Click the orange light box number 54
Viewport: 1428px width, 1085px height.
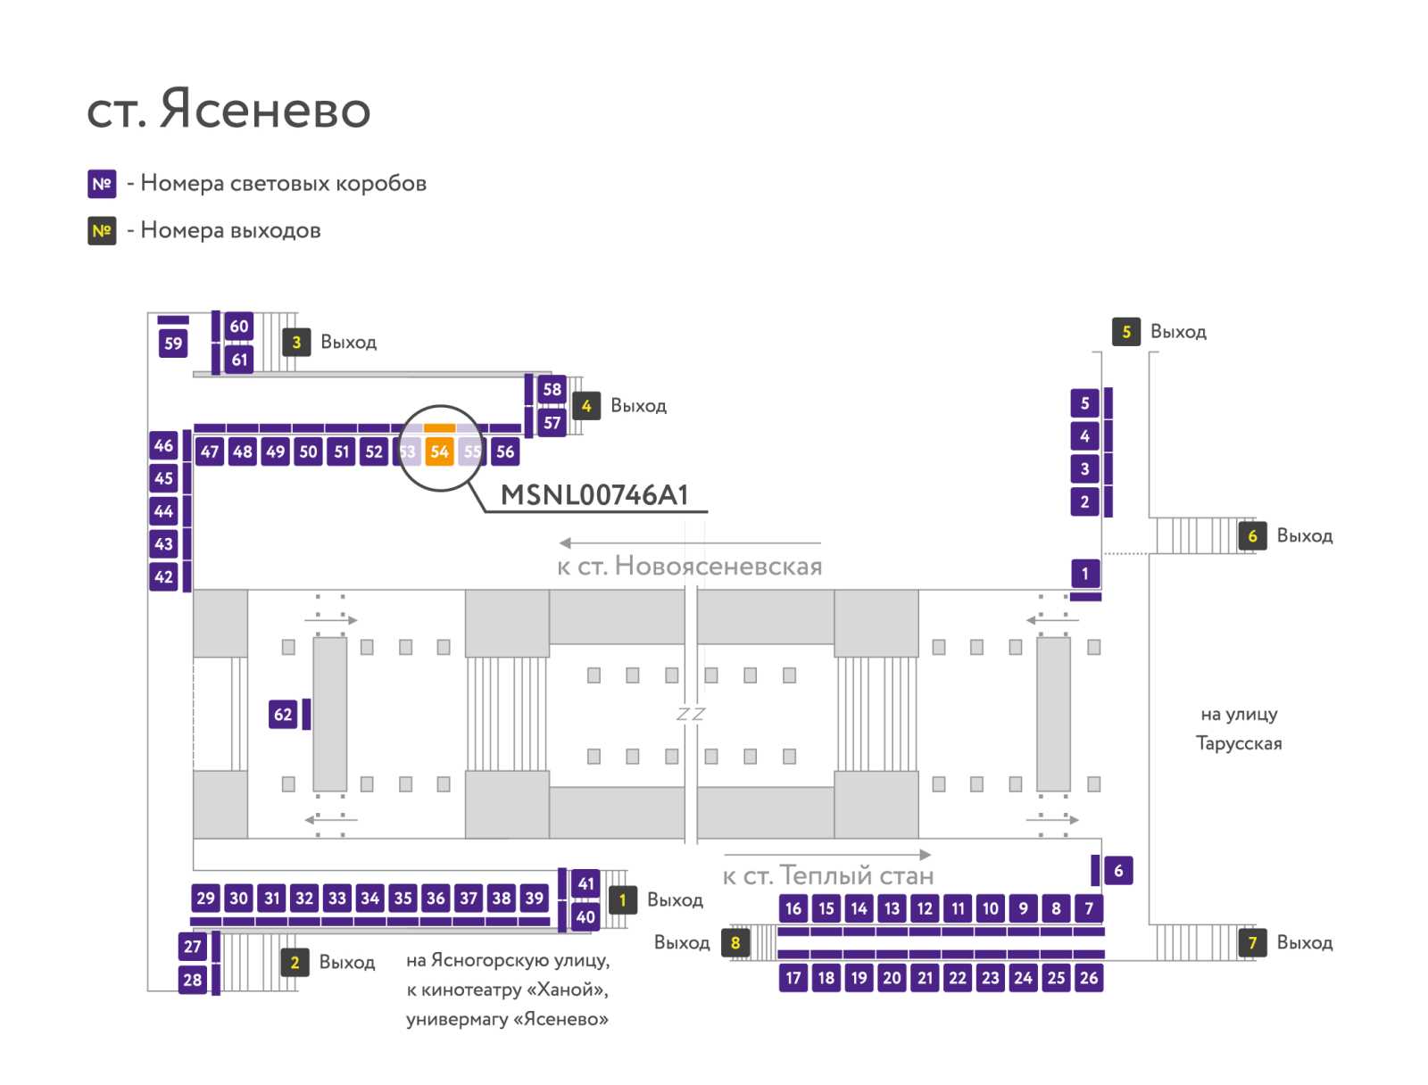pos(439,451)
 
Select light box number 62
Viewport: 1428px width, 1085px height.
pos(283,714)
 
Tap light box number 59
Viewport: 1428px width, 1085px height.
pos(173,344)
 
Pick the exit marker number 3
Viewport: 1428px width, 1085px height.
pos(296,342)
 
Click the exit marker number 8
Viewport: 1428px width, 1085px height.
pos(735,942)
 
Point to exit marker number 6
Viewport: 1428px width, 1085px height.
pos(1252,536)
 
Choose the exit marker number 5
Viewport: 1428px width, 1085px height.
pos(1126,332)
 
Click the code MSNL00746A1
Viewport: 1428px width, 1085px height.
pos(594,495)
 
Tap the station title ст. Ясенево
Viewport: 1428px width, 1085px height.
pos(228,109)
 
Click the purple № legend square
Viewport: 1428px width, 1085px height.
pos(102,184)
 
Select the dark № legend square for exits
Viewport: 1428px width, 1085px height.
pos(102,231)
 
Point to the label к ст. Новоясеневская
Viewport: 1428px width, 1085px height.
pos(690,567)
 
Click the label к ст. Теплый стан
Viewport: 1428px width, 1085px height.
pos(828,875)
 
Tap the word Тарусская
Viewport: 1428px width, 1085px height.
pos(1239,743)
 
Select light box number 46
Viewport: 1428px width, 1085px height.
pos(163,445)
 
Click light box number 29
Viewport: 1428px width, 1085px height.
pos(205,898)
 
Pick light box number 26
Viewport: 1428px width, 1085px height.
pos(1089,978)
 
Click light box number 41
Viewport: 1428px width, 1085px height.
pos(585,883)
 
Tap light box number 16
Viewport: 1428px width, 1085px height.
pos(793,908)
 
